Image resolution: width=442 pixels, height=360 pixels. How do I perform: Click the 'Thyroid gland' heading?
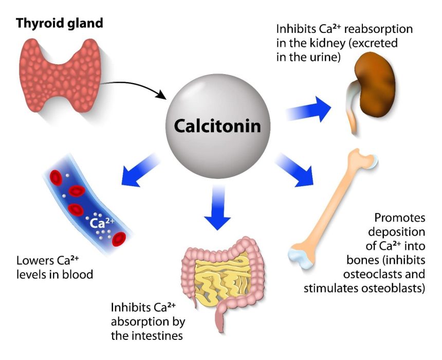(x=60, y=23)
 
